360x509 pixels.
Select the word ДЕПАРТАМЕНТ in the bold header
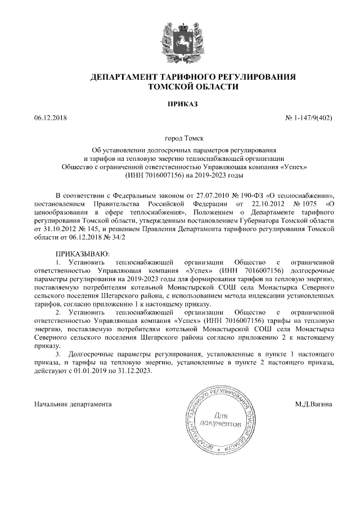point(122,76)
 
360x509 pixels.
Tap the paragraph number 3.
point(57,355)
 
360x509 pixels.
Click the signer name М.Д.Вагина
point(315,404)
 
